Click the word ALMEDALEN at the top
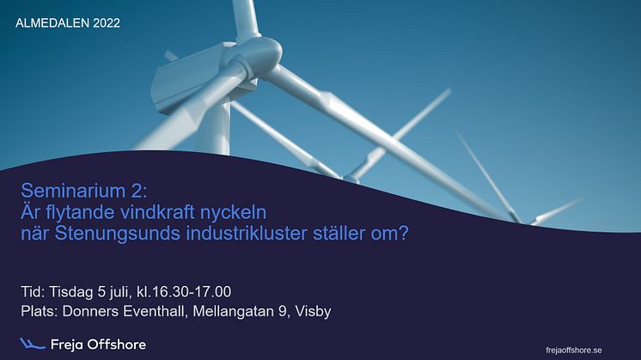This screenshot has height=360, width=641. pyautogui.click(x=52, y=23)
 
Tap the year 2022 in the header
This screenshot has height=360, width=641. pyautogui.click(x=107, y=23)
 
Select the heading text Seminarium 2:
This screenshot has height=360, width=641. pyautogui.click(x=84, y=191)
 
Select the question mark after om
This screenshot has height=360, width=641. pyautogui.click(x=404, y=234)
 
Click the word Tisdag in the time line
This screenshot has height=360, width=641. pyautogui.click(x=71, y=292)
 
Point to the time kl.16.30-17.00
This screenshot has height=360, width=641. pyautogui.click(x=184, y=292)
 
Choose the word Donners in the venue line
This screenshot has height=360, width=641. pyautogui.click(x=91, y=311)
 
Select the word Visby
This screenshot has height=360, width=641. pyautogui.click(x=313, y=311)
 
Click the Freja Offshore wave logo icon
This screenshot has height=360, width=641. pyautogui.click(x=32, y=345)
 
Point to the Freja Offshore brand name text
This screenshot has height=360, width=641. pyautogui.click(x=98, y=345)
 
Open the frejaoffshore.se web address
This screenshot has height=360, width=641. pyautogui.click(x=574, y=351)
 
